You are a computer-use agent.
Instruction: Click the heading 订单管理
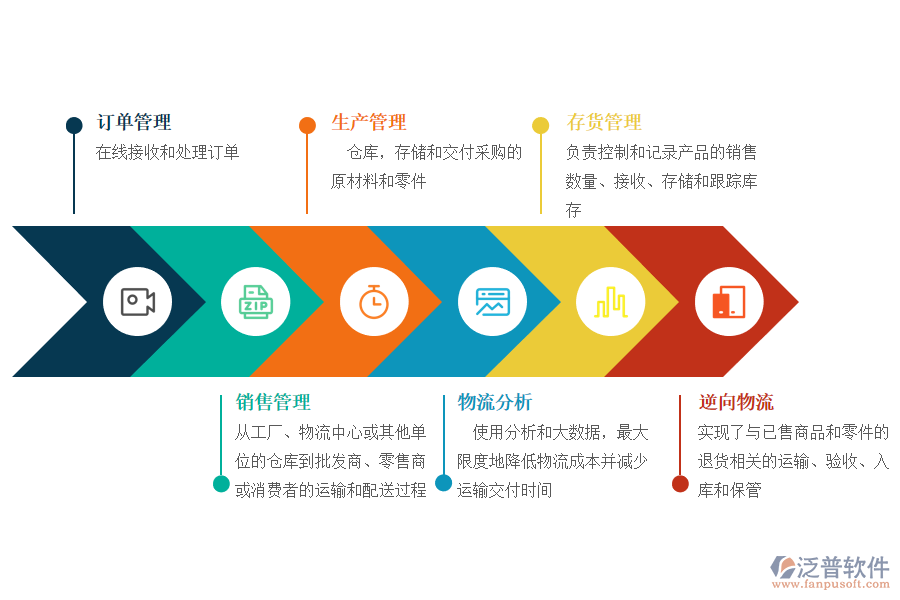(x=134, y=123)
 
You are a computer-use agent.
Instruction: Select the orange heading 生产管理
(x=369, y=123)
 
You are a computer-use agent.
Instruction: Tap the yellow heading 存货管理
(x=604, y=123)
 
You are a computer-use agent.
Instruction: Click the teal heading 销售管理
(x=273, y=403)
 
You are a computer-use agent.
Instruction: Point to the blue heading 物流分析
(x=495, y=403)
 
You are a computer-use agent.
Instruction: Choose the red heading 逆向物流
(x=736, y=403)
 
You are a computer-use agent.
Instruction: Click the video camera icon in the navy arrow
(x=138, y=302)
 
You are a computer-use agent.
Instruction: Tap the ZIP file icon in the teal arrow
(x=256, y=302)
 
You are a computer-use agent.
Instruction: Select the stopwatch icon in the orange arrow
(x=374, y=302)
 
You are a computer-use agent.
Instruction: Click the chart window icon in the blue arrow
(x=492, y=302)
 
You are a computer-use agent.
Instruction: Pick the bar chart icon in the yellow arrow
(x=610, y=302)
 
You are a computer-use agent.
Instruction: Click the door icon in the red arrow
(x=729, y=302)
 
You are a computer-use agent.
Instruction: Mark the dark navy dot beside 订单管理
(x=74, y=126)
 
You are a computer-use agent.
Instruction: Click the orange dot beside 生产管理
(x=307, y=126)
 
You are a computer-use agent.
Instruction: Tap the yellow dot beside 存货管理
(x=541, y=126)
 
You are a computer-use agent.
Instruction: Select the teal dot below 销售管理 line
(x=221, y=484)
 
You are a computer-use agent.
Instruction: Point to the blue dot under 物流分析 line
(x=443, y=483)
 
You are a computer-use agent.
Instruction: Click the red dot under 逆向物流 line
(x=680, y=484)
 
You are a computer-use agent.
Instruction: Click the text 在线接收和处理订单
(x=167, y=153)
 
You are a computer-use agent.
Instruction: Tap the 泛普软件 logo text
(x=843, y=567)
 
